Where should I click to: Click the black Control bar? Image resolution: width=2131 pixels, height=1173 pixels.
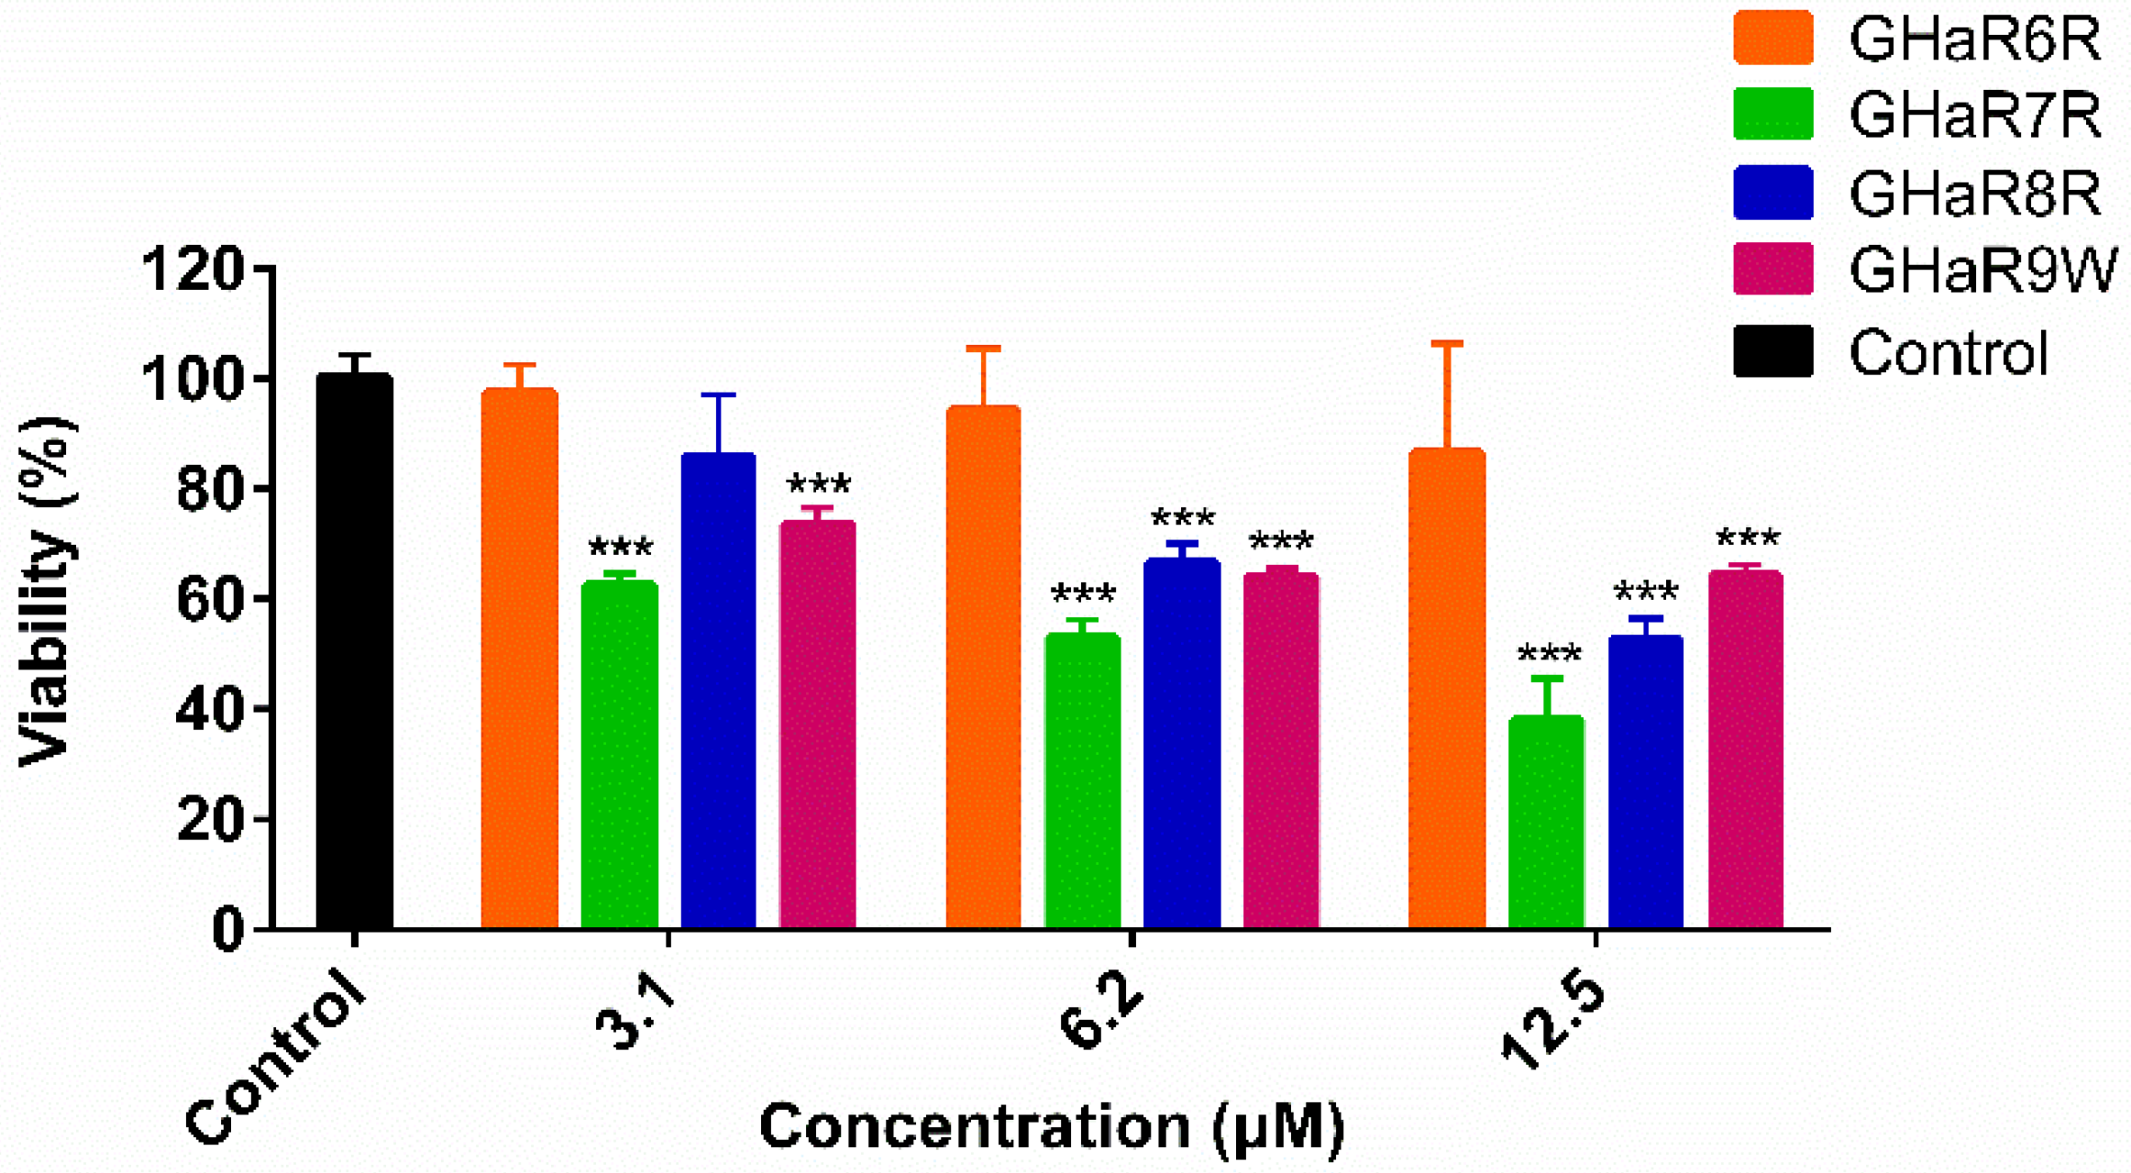point(354,651)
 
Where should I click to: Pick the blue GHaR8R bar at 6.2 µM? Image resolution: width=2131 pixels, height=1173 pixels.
point(1181,743)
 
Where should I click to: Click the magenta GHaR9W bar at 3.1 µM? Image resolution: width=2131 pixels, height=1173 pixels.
point(817,725)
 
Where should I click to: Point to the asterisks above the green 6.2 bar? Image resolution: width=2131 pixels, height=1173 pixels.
point(1083,593)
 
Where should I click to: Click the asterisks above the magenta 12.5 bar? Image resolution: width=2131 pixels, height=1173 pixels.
point(1747,537)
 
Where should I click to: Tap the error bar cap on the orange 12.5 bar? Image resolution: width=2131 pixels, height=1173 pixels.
point(1447,344)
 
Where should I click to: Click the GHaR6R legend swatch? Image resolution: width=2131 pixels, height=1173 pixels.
point(1772,38)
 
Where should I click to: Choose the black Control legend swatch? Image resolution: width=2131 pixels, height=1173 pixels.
point(1772,350)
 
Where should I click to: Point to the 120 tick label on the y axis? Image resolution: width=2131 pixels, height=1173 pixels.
point(193,270)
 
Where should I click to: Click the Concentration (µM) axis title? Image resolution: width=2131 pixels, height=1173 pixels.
point(1052,1126)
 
